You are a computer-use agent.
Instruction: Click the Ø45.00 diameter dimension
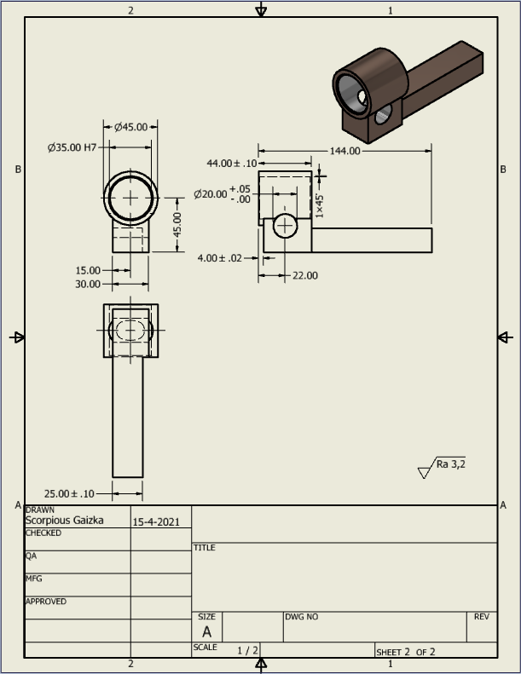click(x=134, y=127)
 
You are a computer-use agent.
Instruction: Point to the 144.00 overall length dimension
click(x=344, y=151)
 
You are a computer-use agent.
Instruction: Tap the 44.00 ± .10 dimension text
click(x=231, y=163)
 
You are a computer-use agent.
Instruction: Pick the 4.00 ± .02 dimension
click(x=220, y=257)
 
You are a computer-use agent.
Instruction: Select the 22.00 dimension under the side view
click(x=304, y=275)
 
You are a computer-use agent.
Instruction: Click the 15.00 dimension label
click(x=88, y=270)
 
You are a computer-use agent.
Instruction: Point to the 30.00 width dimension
click(x=88, y=284)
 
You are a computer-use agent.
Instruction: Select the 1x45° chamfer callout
click(x=320, y=204)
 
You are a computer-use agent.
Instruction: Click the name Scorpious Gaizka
click(x=64, y=520)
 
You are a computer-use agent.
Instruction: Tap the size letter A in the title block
click(x=206, y=631)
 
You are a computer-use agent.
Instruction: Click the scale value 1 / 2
click(x=248, y=650)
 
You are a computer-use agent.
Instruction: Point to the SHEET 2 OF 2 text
click(x=405, y=652)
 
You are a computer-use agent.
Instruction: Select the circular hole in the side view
click(x=285, y=226)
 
